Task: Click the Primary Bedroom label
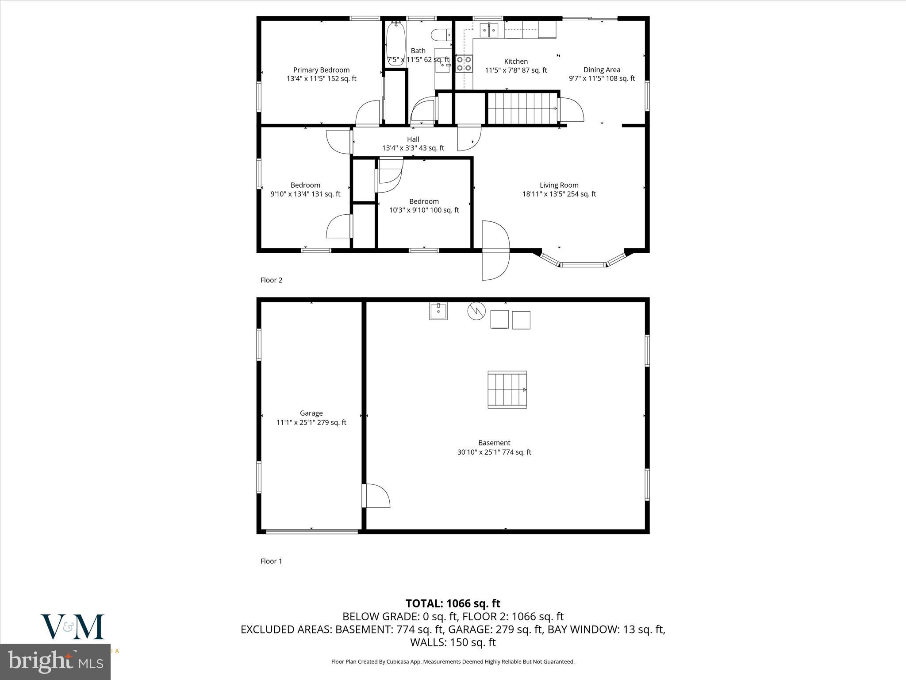(321, 70)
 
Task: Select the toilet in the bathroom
(440, 34)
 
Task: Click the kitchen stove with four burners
(464, 63)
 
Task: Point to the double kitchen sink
(489, 30)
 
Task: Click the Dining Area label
(602, 70)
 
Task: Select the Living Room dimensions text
(559, 194)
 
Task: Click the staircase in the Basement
(507, 390)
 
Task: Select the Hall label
(413, 139)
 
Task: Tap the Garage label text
(311, 413)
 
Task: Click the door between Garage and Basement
(375, 496)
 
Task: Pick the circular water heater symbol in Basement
(476, 311)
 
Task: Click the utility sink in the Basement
(438, 311)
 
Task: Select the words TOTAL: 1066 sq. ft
(453, 603)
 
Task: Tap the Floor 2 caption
(271, 280)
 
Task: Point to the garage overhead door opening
(311, 531)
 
